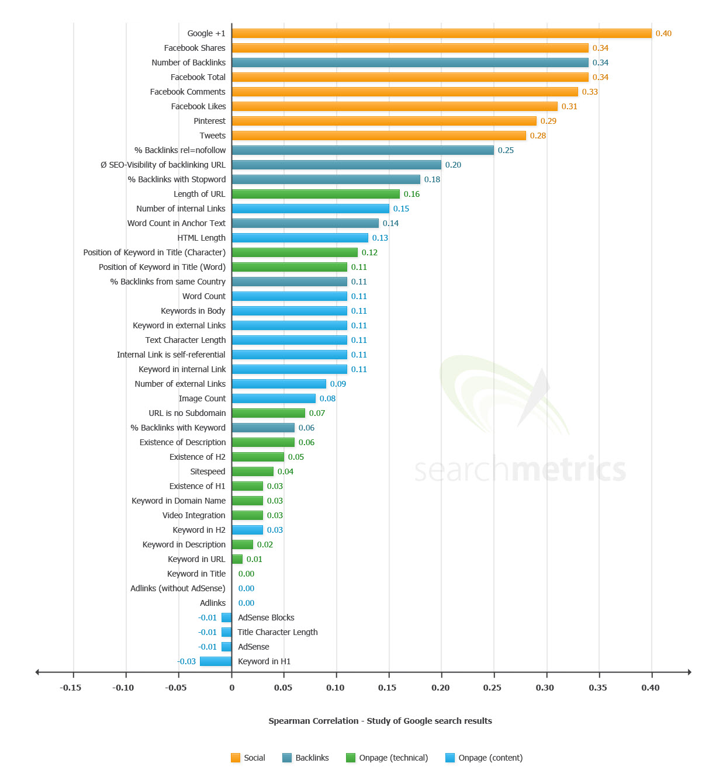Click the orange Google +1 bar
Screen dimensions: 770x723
click(x=441, y=33)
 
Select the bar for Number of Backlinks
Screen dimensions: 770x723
click(x=410, y=63)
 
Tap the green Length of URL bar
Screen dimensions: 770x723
click(x=316, y=194)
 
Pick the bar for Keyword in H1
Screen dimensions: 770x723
click(x=216, y=661)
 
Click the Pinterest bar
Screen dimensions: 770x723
click(x=384, y=121)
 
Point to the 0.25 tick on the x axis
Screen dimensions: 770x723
click(x=492, y=688)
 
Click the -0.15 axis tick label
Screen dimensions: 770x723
click(x=71, y=688)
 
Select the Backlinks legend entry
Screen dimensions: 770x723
click(x=306, y=758)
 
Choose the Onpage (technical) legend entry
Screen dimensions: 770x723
click(x=387, y=758)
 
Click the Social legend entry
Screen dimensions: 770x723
click(x=248, y=758)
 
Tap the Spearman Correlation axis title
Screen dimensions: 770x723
click(x=380, y=721)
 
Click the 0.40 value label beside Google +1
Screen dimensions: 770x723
click(x=663, y=33)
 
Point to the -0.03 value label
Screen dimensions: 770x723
click(x=186, y=661)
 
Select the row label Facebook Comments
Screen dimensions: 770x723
click(x=188, y=92)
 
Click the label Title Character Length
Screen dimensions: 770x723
click(x=278, y=632)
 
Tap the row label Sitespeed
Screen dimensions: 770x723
click(x=207, y=471)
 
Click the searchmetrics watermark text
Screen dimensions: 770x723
click(x=520, y=470)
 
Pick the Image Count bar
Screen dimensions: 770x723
click(x=274, y=398)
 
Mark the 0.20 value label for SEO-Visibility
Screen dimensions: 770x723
click(x=453, y=165)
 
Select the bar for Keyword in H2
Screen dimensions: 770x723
click(x=247, y=530)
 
